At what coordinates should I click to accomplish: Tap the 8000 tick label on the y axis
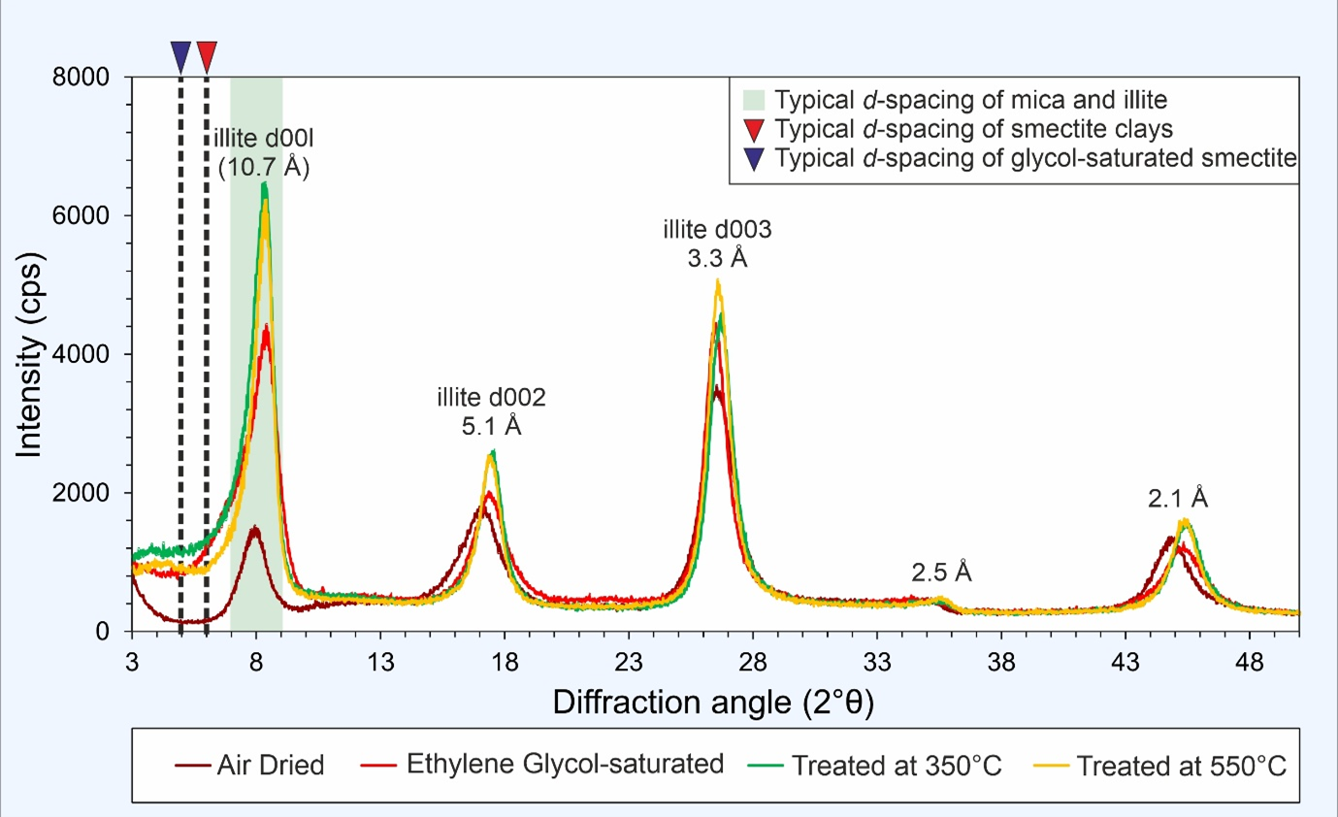tap(86, 77)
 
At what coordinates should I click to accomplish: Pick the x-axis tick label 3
tap(132, 664)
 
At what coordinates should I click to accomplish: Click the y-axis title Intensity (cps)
tap(30, 354)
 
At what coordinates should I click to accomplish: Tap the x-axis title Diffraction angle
tap(713, 703)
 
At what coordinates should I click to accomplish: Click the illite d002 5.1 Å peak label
tap(491, 411)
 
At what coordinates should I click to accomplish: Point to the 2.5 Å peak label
tap(941, 572)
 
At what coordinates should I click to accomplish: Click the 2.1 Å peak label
tap(1178, 499)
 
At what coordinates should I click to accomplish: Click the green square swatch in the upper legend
tap(753, 99)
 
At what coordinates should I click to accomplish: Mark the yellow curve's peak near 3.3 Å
tap(718, 281)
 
